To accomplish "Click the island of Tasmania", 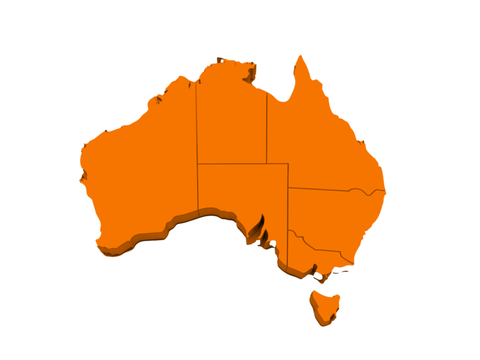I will [x=324, y=306].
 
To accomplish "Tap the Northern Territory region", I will [x=231, y=122].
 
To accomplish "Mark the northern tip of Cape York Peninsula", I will [x=301, y=56].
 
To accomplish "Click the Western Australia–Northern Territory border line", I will [x=197, y=125].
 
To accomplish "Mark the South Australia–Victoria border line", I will [x=288, y=250].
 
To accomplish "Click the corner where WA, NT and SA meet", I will [x=197, y=164].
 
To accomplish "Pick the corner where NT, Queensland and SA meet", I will [x=267, y=164].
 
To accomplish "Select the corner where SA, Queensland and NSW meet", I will [x=288, y=187].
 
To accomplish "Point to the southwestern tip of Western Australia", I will [x=100, y=247].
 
